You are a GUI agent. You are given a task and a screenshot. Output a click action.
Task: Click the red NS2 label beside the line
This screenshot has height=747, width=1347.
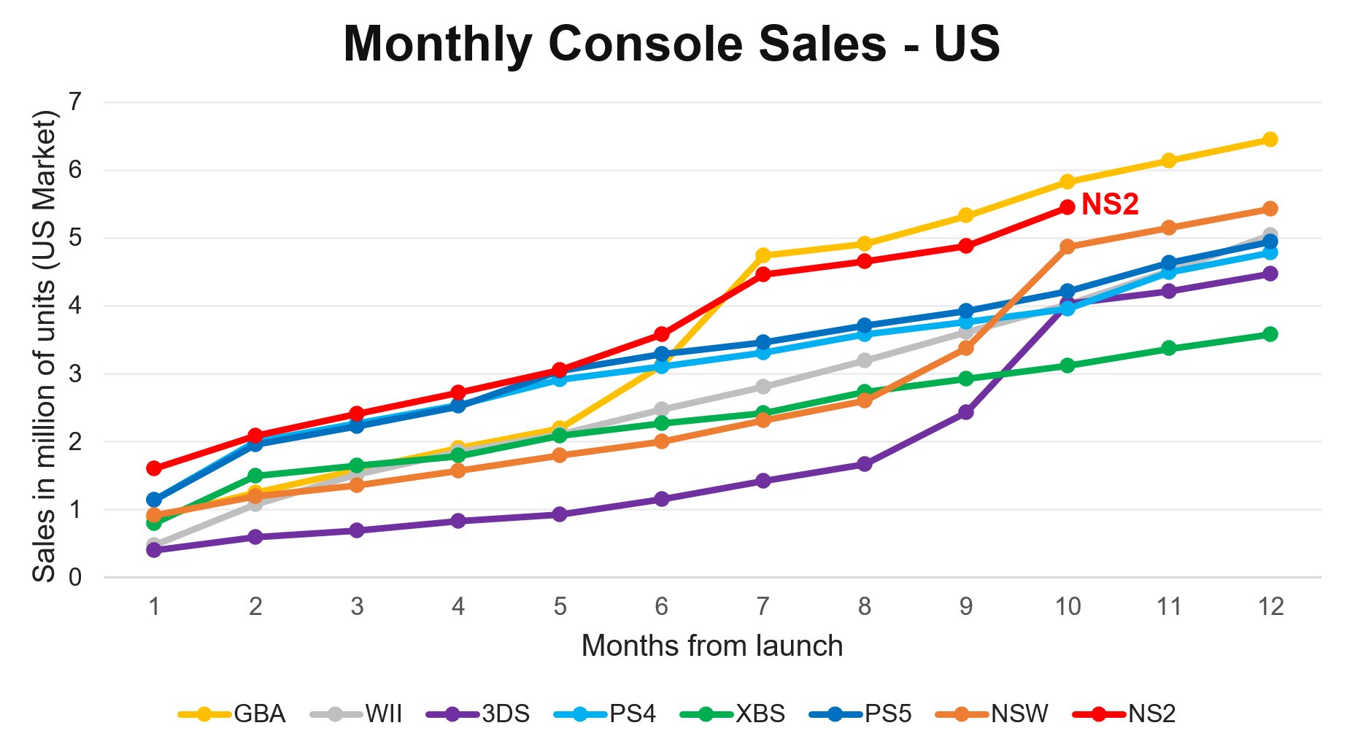pos(1109,205)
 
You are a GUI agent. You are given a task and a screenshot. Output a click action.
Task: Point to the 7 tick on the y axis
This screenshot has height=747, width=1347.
pos(74,102)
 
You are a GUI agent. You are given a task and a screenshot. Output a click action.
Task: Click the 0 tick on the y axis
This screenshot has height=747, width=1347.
pos(74,578)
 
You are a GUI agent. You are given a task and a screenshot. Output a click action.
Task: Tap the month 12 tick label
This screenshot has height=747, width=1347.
pos(1270,607)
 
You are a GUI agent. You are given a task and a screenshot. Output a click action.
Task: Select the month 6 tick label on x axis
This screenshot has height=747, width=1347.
pos(661,607)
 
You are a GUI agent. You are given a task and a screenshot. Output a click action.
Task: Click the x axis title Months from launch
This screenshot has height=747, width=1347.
pos(711,646)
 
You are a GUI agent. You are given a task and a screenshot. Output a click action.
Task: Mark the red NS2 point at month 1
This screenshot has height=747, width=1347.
pos(154,468)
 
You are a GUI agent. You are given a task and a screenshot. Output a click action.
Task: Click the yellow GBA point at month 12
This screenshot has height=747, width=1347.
pos(1270,139)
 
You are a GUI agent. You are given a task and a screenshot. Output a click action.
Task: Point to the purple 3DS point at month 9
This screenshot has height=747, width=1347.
pos(965,412)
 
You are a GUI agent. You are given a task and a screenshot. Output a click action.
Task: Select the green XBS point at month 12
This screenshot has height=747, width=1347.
pos(1270,334)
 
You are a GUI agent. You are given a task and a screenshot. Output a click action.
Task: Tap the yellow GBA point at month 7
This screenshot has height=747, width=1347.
pos(763,255)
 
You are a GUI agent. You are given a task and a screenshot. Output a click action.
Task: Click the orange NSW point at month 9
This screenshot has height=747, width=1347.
pos(965,348)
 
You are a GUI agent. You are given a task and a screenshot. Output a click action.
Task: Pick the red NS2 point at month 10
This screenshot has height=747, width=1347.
pos(1067,207)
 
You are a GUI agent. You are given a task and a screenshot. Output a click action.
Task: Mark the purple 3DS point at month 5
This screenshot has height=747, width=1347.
pos(560,514)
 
